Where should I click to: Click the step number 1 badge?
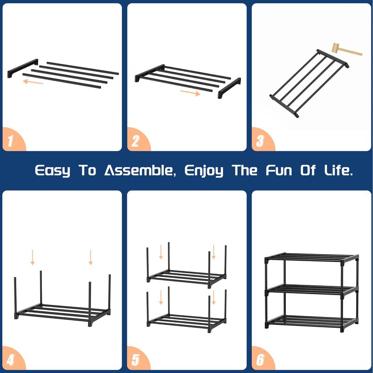[13, 140]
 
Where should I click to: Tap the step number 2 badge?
[137, 140]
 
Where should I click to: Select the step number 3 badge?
[262, 140]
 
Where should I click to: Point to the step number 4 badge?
[13, 359]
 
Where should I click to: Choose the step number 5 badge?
[137, 359]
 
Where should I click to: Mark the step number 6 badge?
[262, 359]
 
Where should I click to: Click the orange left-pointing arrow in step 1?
[33, 82]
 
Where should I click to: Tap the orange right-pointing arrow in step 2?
[190, 93]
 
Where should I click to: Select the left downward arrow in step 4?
[33, 257]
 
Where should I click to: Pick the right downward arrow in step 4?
[90, 257]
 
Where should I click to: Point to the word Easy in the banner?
[53, 171]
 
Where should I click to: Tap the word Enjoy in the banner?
[204, 171]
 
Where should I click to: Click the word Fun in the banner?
[279, 170]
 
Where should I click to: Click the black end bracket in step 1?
[23, 68]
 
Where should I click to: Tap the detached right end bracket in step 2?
[229, 88]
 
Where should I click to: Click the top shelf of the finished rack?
[311, 257]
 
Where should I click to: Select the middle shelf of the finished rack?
[311, 290]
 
